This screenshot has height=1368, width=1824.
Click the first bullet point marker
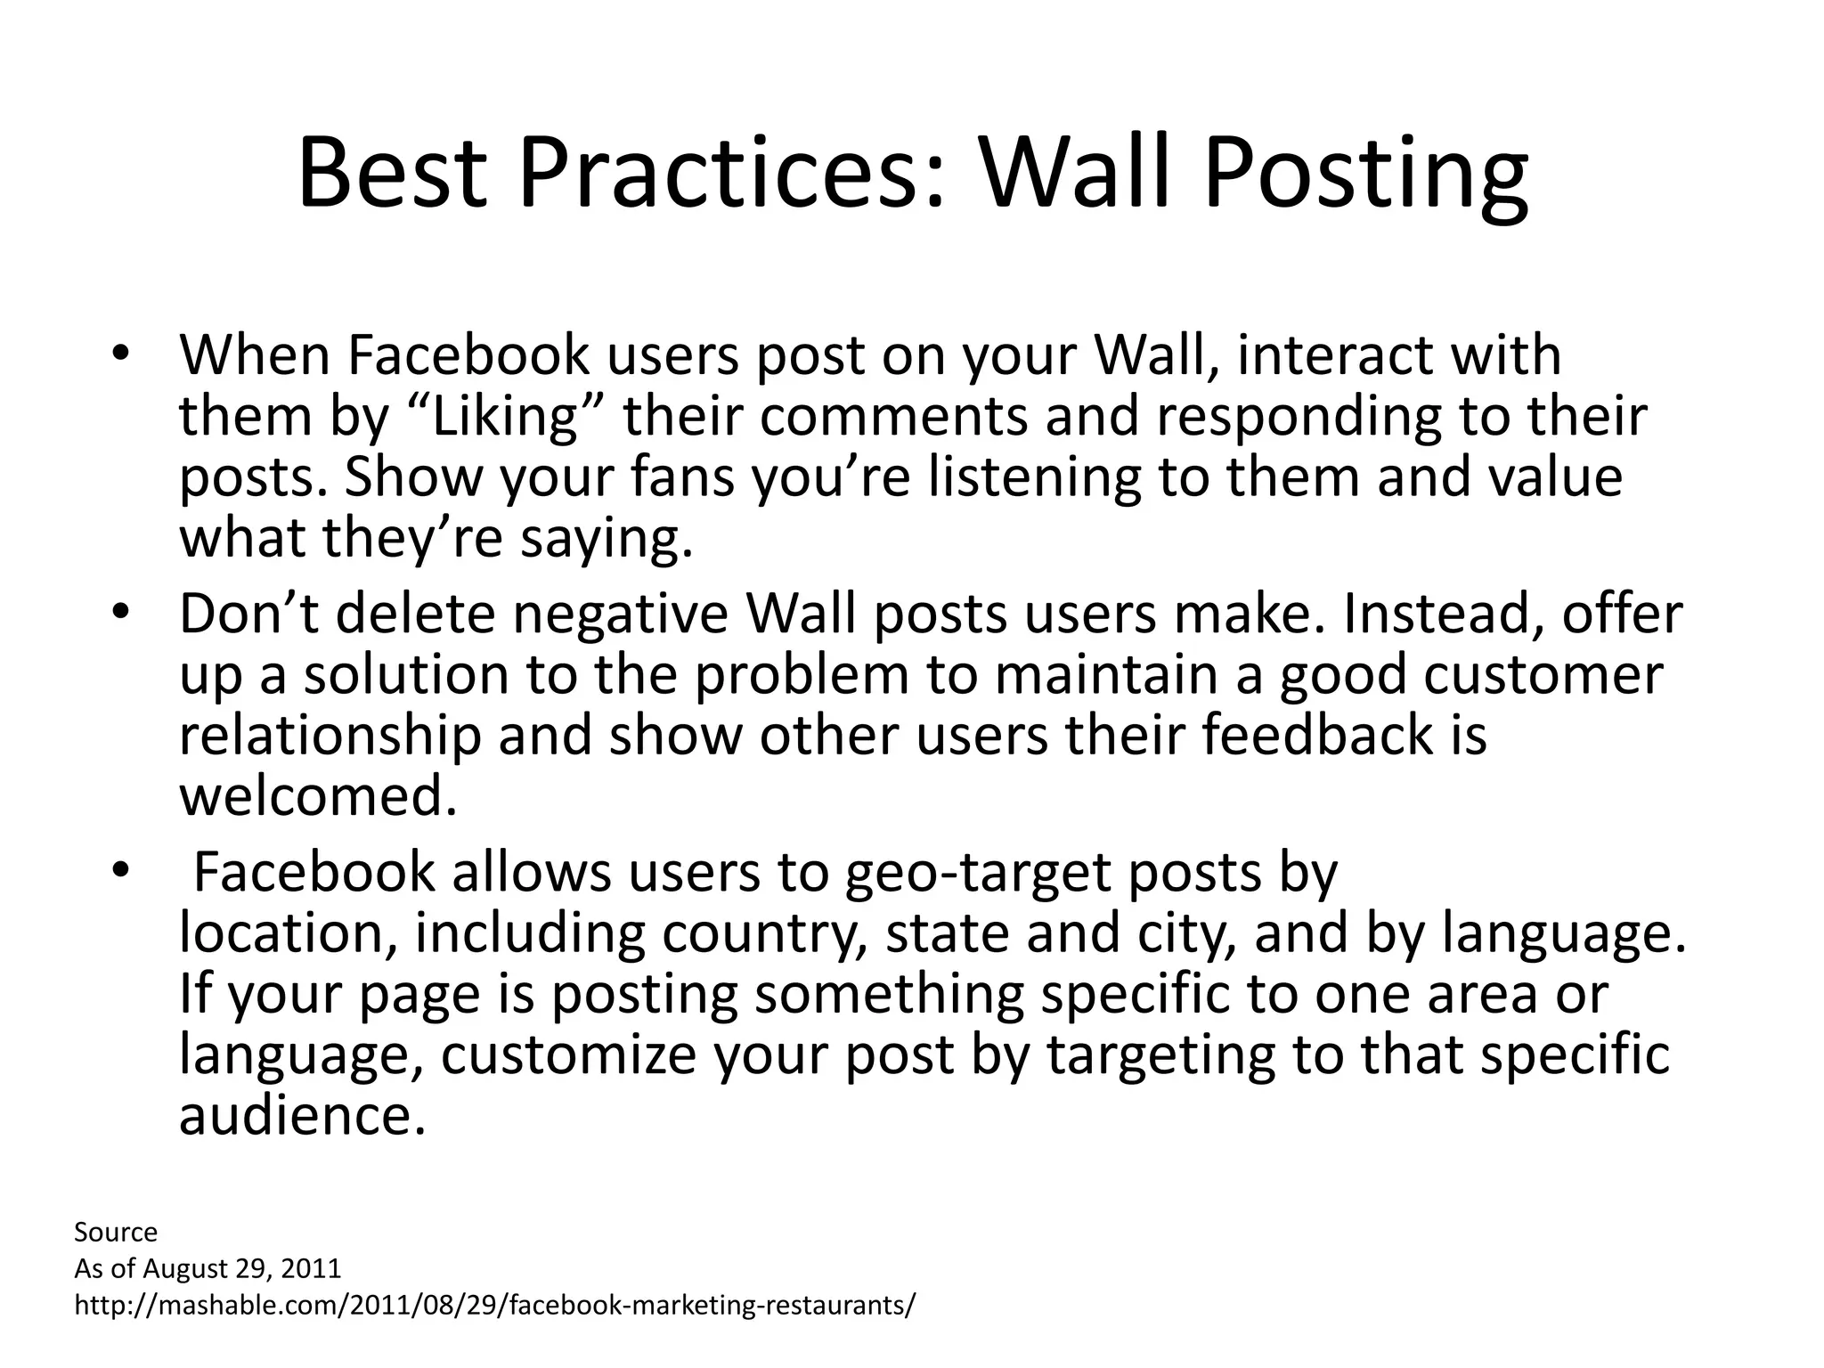[x=121, y=354]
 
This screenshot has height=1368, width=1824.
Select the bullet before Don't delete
[x=121, y=614]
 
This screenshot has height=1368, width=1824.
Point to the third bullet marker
[x=121, y=872]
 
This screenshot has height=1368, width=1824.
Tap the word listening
[x=1034, y=476]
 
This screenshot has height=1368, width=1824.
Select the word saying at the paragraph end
[x=606, y=539]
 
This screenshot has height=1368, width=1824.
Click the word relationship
[x=330, y=737]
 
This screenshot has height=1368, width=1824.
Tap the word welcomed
[x=318, y=796]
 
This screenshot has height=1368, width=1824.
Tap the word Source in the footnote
[x=116, y=1233]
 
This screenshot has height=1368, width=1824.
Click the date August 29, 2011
[x=241, y=1268]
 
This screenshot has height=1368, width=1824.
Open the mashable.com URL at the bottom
[x=494, y=1306]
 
